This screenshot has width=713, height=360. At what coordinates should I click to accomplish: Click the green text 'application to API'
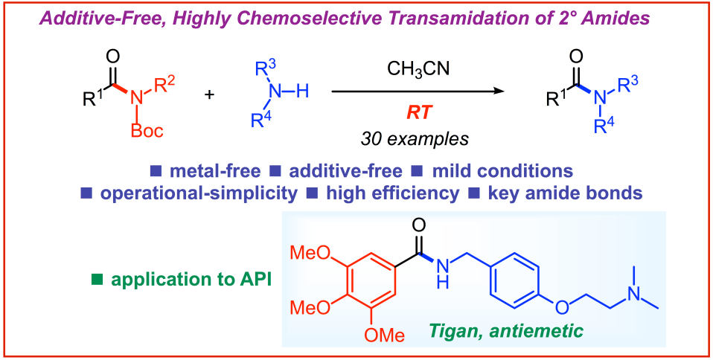click(193, 280)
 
